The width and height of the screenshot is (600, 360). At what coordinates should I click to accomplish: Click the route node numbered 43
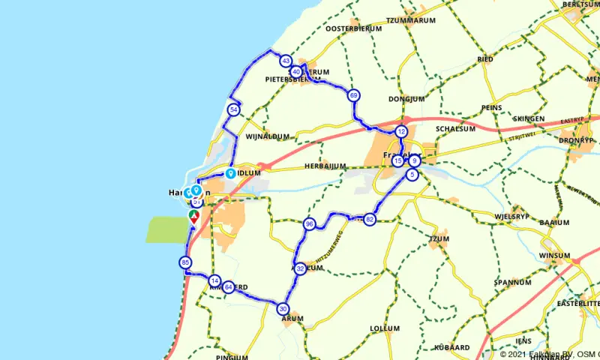pos(285,61)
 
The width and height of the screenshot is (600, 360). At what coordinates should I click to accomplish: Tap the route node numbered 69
pos(353,95)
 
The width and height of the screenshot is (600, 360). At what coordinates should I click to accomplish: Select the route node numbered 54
pos(234,110)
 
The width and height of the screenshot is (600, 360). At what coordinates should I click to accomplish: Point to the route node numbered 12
pos(401,131)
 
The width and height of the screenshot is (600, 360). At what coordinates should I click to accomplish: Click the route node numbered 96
pos(309,223)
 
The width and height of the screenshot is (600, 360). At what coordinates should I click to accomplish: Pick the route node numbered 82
pos(369,219)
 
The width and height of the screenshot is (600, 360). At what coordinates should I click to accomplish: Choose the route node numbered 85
pos(185,262)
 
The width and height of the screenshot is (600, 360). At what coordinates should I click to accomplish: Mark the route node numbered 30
pos(283,308)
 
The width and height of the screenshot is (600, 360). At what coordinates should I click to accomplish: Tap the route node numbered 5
pos(412,175)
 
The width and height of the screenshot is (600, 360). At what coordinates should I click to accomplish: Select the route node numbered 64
pos(228,286)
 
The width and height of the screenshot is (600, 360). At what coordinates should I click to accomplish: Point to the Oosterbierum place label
pos(354,28)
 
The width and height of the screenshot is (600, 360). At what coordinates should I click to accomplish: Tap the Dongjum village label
pos(406,98)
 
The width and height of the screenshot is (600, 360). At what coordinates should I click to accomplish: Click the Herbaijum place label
pos(325,166)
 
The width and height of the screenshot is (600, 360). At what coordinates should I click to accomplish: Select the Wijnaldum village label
pos(268,136)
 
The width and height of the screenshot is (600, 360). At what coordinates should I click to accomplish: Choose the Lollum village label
pos(385,328)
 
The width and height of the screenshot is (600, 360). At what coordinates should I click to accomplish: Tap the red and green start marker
pos(193,217)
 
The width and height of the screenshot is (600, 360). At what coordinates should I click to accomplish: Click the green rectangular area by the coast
pos(164,229)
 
